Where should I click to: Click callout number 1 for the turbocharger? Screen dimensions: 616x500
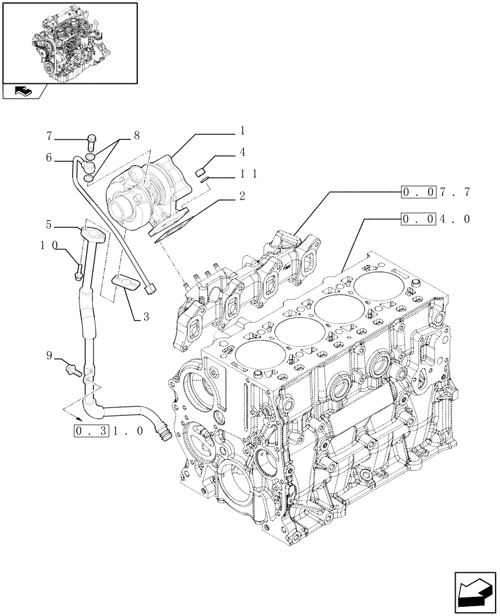coord(242,131)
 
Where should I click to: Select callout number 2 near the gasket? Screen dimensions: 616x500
coord(242,197)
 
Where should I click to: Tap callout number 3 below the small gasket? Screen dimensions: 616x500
coord(145,318)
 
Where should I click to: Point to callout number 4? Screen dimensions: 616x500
coord(242,152)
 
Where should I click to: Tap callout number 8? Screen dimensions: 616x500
coord(135,134)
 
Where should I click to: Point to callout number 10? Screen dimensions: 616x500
coord(49,245)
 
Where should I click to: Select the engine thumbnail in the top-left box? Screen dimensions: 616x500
coord(69,42)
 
